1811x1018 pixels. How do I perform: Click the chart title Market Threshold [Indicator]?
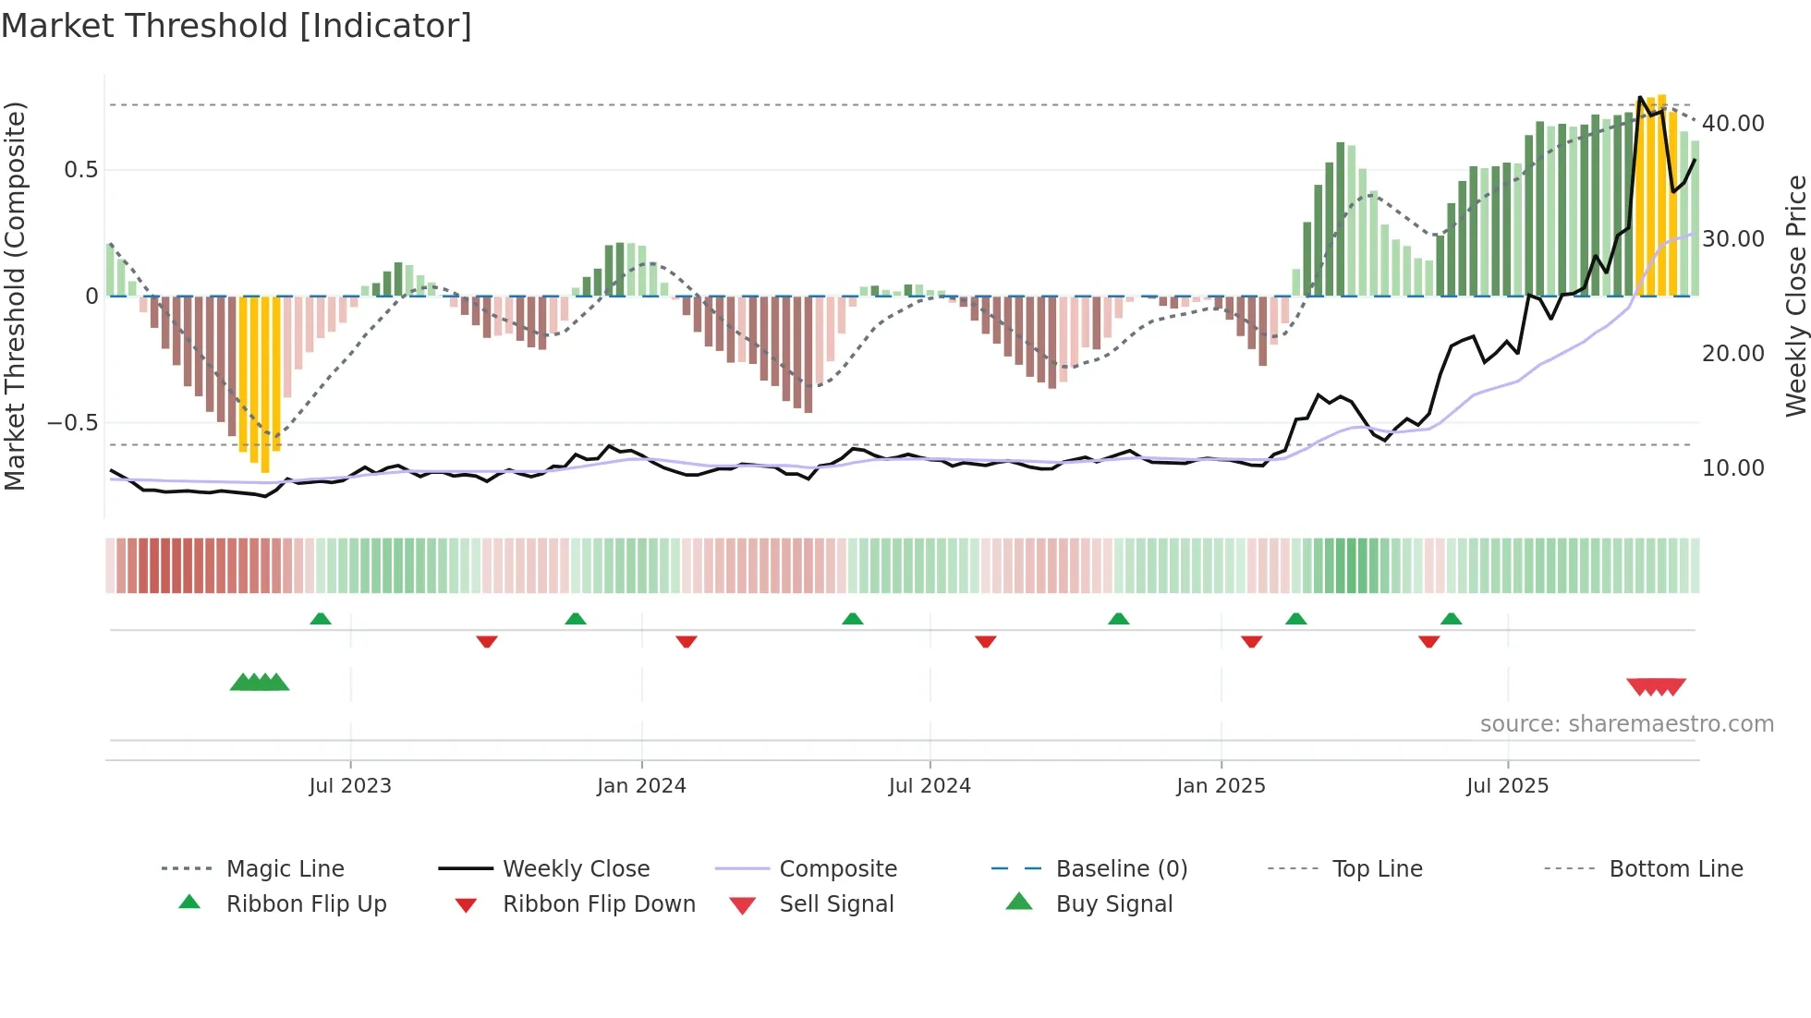[x=237, y=26]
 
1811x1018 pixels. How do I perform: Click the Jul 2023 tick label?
[x=350, y=786]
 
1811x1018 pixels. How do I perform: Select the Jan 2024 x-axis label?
[x=641, y=786]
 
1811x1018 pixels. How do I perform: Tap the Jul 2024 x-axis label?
[x=930, y=786]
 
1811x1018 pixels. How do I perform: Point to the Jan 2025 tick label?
[x=1221, y=786]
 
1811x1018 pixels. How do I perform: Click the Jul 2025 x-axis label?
[x=1507, y=786]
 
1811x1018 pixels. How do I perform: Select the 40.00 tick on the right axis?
[x=1732, y=124]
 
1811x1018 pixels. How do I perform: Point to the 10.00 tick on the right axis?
[x=1732, y=468]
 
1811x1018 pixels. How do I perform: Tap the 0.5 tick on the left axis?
[x=80, y=170]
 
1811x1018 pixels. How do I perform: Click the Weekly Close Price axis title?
[x=1795, y=296]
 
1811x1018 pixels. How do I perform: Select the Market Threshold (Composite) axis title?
[x=15, y=296]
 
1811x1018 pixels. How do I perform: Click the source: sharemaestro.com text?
[x=1626, y=724]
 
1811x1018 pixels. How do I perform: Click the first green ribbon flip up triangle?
[x=321, y=619]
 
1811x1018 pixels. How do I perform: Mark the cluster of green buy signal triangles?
[x=260, y=683]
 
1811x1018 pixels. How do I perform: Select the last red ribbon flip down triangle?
[x=1428, y=641]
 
